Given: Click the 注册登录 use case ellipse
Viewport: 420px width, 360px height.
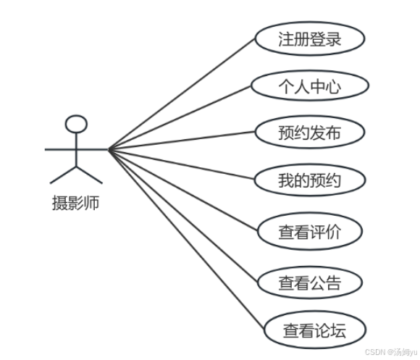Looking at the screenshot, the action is pos(310,38).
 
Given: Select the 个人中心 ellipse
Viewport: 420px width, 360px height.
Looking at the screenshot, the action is pos(310,85).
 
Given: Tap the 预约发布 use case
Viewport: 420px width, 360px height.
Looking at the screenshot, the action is pos(310,132).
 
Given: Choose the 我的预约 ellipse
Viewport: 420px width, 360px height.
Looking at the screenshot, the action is pos(310,180).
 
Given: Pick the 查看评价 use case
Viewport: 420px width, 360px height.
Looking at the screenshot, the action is pos(310,231).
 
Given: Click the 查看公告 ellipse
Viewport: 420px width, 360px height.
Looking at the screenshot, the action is pos(310,282).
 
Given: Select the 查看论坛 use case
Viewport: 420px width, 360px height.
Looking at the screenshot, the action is pos(315,330).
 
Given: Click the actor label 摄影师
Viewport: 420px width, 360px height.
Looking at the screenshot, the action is pos(76,203).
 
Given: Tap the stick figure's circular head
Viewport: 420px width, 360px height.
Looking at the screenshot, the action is pos(76,124).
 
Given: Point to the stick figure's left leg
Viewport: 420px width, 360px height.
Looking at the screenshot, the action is pos(63,175).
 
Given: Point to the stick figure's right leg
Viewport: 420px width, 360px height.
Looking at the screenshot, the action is pos(90,175).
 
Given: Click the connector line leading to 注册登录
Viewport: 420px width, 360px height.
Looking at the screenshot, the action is pos(182,94).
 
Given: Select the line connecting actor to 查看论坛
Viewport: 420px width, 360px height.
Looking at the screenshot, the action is pos(186,240).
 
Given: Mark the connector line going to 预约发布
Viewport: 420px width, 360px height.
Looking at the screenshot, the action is pos(182,141).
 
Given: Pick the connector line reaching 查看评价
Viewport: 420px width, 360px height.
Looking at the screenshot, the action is pos(183,191).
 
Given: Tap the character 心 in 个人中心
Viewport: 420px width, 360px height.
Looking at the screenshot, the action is pos(334,87).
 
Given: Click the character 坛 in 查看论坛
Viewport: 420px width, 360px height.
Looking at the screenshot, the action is pos(338,330).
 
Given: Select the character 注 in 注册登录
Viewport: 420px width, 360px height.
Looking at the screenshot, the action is pos(286,39).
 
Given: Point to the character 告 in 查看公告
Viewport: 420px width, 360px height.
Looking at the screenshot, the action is pos(334,283).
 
